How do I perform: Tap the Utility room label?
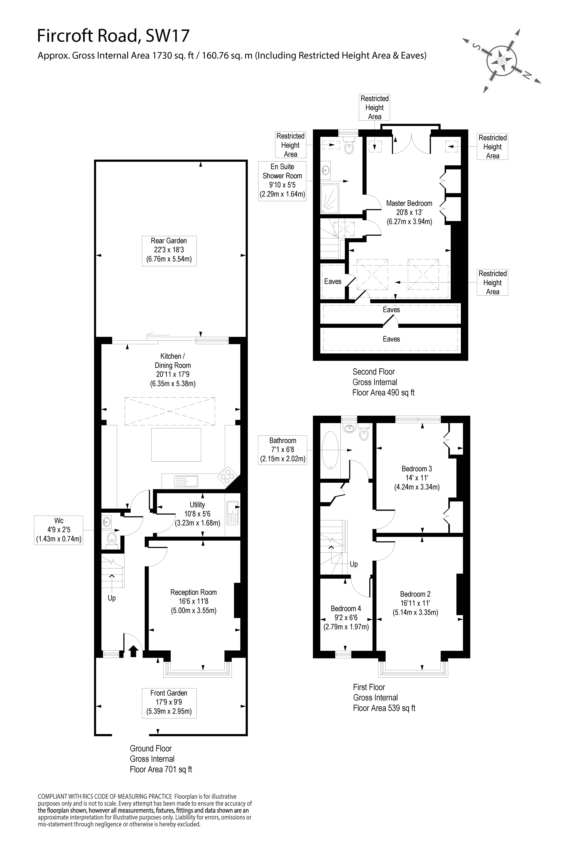tap(198, 514)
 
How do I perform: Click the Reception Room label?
tap(194, 601)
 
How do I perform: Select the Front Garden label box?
tap(169, 702)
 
